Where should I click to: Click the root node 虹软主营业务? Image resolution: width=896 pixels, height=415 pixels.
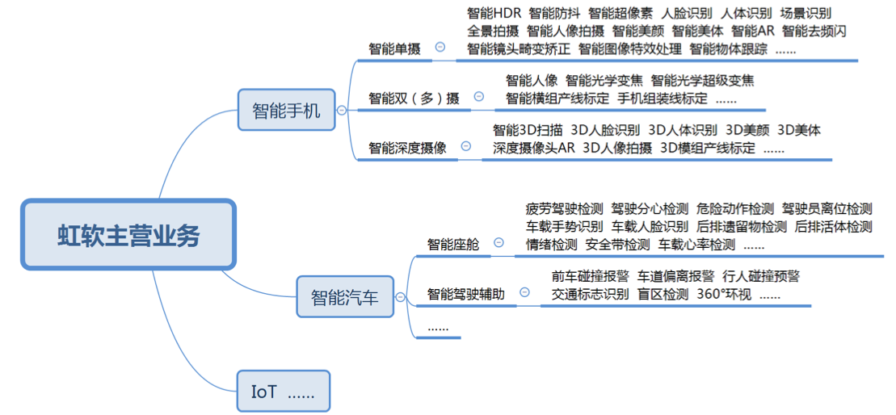[128, 235]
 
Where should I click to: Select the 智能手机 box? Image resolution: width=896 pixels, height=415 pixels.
[286, 111]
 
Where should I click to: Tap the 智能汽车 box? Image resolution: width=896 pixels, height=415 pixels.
[345, 297]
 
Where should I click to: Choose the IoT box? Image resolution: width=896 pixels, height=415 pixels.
[283, 392]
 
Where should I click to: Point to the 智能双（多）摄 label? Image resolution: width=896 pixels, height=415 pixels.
[414, 99]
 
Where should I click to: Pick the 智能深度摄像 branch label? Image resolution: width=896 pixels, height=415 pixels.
[407, 148]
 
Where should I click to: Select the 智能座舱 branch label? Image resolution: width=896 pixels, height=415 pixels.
[452, 244]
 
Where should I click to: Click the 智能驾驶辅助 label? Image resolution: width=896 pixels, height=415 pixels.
[465, 295]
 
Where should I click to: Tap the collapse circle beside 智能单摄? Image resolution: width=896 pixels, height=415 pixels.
[440, 48]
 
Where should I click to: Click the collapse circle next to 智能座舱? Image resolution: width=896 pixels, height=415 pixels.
[498, 242]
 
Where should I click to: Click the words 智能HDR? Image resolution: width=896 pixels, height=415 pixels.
[494, 13]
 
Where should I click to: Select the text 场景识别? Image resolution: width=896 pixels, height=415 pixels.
[806, 13]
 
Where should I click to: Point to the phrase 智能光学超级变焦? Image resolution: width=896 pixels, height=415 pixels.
[702, 80]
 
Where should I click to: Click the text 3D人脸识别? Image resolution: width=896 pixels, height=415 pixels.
[605, 130]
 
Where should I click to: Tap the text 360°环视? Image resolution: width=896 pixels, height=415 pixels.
[724, 294]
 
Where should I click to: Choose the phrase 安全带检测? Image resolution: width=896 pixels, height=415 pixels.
[617, 245]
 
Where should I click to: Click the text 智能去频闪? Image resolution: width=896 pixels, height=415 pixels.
[814, 31]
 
